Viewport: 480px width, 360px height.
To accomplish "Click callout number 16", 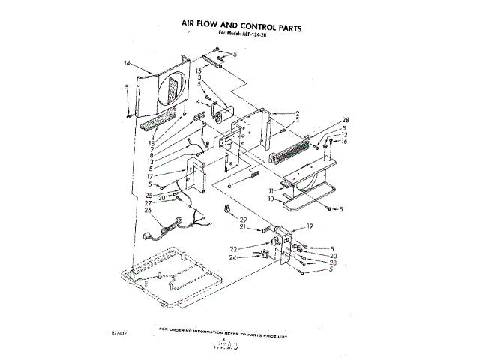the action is (345, 141).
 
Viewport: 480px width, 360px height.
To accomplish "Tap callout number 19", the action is (310, 226).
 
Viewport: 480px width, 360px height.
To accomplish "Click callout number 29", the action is (242, 218).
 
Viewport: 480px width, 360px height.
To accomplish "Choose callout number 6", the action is (230, 184).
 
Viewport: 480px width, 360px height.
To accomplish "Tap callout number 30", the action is (161, 197).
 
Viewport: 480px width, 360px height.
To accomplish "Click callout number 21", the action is (242, 226).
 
